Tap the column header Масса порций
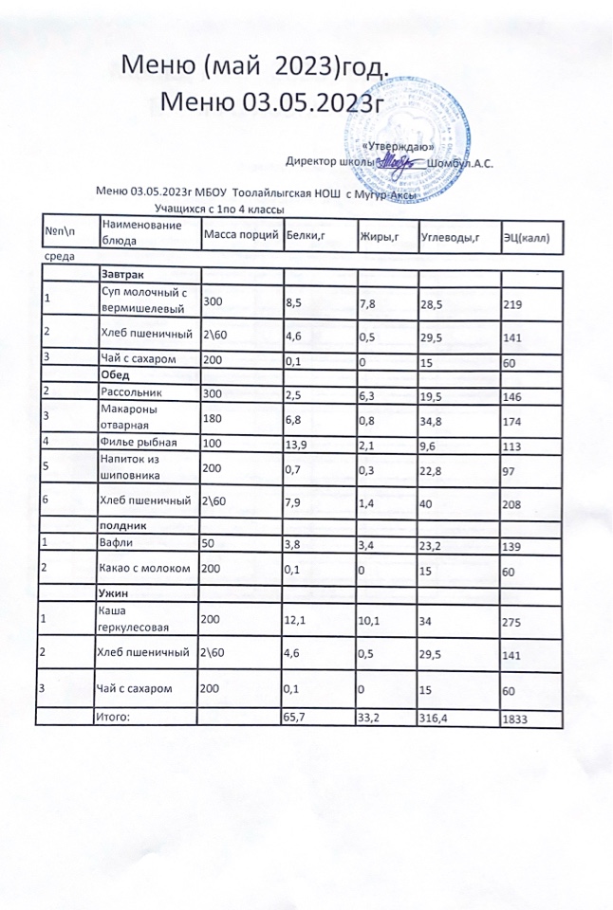pos(240,233)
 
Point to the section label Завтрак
pos(121,275)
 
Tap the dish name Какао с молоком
pos(146,568)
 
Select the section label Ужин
pos(116,592)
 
